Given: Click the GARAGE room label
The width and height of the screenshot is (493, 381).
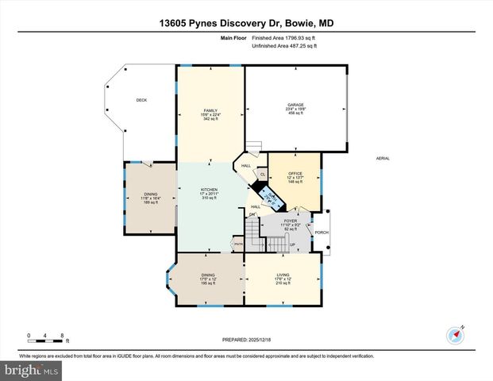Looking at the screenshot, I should coord(295,105).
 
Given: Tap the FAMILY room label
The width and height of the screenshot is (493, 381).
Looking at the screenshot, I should coord(210,110).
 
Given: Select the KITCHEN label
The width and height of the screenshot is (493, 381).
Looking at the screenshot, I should coord(210,190).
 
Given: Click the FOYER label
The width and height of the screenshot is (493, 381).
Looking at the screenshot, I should coord(290,221).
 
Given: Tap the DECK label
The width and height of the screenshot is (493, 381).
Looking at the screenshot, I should coord(141,100).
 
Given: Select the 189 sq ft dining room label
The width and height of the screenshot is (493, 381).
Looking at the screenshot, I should coord(151,194).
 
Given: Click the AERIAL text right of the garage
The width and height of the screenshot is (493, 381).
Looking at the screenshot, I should coord(383,159).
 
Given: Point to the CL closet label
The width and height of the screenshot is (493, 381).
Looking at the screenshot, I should coord(263,173).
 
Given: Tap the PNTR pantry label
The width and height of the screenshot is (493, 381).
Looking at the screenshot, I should coord(237,245).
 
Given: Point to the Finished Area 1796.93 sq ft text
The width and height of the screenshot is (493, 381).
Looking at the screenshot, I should coord(283,37).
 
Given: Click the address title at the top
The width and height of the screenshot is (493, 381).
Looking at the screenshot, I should coord(246,24).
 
